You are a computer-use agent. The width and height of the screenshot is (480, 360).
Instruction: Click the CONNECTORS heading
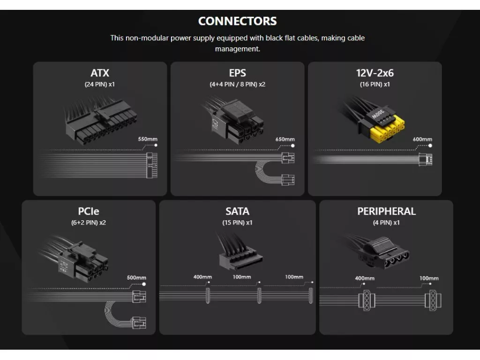tap(237, 21)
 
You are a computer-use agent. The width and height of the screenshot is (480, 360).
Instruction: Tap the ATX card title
tap(100, 73)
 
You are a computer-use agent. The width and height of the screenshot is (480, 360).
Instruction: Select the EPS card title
tap(237, 73)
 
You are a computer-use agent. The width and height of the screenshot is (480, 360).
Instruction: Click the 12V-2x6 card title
tap(375, 73)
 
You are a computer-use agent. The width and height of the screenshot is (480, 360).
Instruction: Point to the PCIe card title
tap(89, 211)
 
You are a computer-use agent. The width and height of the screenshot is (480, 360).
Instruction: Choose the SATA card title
tap(237, 211)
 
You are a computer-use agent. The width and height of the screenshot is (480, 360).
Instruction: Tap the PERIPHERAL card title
tap(386, 211)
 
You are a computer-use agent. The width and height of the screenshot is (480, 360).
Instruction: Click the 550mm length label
tap(148, 139)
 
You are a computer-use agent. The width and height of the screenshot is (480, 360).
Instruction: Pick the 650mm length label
tap(285, 139)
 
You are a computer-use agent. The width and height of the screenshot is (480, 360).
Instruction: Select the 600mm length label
tap(422, 139)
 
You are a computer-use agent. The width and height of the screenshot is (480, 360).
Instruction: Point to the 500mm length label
tap(136, 277)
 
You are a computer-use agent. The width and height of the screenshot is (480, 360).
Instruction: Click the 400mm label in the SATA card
tap(202, 277)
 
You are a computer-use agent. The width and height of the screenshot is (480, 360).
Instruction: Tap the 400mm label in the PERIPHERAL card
tap(365, 278)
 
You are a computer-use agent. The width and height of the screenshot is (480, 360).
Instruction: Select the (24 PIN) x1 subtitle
tap(100, 84)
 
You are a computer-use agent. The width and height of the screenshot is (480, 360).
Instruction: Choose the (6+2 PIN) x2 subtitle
tap(89, 223)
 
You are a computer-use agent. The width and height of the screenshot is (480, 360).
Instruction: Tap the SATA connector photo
tap(238, 252)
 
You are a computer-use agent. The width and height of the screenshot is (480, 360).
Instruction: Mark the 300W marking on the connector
tap(378, 114)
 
